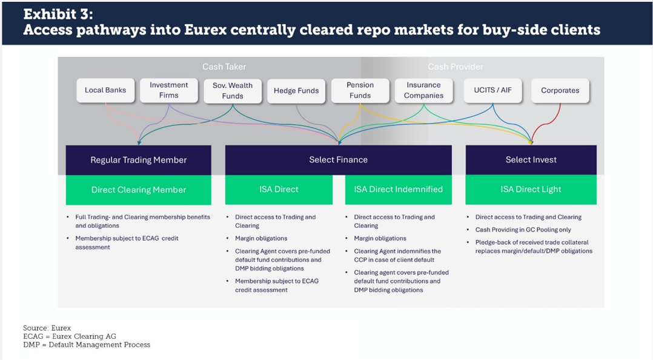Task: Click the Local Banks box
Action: click(105, 90)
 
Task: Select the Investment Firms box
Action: click(169, 90)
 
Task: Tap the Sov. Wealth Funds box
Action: click(233, 91)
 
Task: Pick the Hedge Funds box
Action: click(296, 91)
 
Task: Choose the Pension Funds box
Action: click(360, 90)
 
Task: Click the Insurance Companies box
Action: click(424, 90)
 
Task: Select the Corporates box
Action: click(560, 91)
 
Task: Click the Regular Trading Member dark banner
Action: click(139, 160)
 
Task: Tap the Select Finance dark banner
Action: click(338, 160)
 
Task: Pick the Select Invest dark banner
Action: click(531, 160)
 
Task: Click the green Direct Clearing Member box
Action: click(139, 190)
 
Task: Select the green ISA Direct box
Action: click(279, 190)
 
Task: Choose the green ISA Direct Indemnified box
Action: click(398, 190)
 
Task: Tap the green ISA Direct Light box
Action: click(531, 190)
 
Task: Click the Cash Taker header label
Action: click(224, 67)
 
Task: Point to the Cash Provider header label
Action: click(456, 67)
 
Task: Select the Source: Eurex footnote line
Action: click(47, 328)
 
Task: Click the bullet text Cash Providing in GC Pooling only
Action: click(523, 230)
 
